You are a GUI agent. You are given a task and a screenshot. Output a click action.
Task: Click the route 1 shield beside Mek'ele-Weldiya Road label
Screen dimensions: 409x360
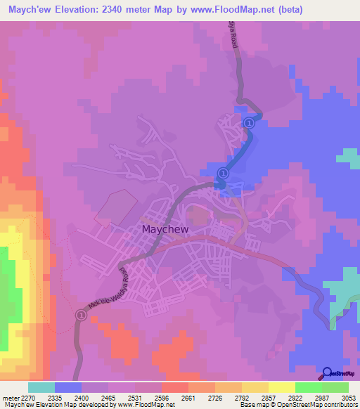point(80,317)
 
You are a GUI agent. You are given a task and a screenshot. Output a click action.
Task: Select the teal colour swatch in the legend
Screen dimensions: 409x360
point(41,387)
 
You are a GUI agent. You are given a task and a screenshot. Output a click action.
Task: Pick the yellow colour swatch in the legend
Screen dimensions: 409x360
point(282,387)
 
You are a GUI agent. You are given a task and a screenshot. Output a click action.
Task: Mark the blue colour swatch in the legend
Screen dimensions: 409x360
point(67,387)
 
